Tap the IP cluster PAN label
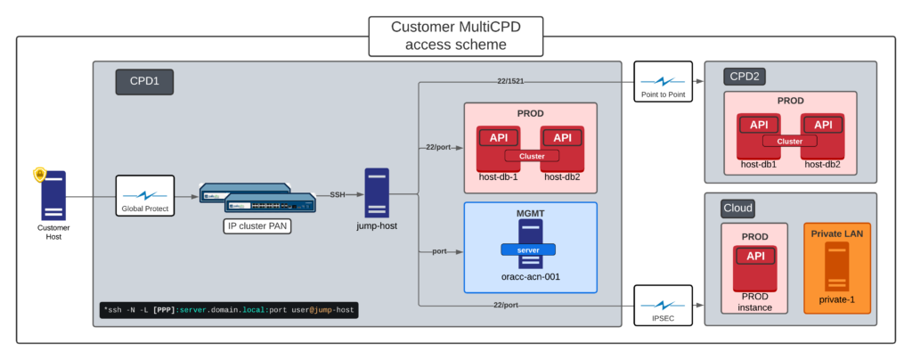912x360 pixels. pyautogui.click(x=258, y=226)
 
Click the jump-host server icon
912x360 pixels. pyautogui.click(x=377, y=192)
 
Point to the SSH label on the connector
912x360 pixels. pyautogui.click(x=338, y=194)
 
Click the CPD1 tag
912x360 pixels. pyautogui.click(x=143, y=83)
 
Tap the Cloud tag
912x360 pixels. pyautogui.click(x=737, y=209)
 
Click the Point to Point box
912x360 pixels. pyautogui.click(x=663, y=82)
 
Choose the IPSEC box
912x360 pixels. pyautogui.click(x=663, y=306)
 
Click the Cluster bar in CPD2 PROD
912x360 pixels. pyautogui.click(x=790, y=141)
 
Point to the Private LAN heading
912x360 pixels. pyautogui.click(x=837, y=233)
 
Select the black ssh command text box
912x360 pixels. pyautogui.click(x=230, y=310)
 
